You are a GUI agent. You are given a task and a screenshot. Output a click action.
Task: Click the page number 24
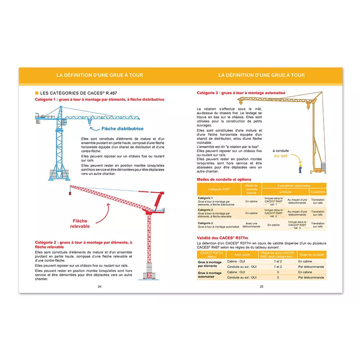100,286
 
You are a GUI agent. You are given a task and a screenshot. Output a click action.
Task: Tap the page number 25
261,286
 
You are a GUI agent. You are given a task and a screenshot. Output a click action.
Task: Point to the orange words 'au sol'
281,156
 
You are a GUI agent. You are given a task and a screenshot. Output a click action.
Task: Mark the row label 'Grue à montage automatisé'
210,274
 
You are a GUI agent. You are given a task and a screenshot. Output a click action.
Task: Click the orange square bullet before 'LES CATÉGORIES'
37,93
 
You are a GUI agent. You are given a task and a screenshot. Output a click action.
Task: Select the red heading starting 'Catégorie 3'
241,93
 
